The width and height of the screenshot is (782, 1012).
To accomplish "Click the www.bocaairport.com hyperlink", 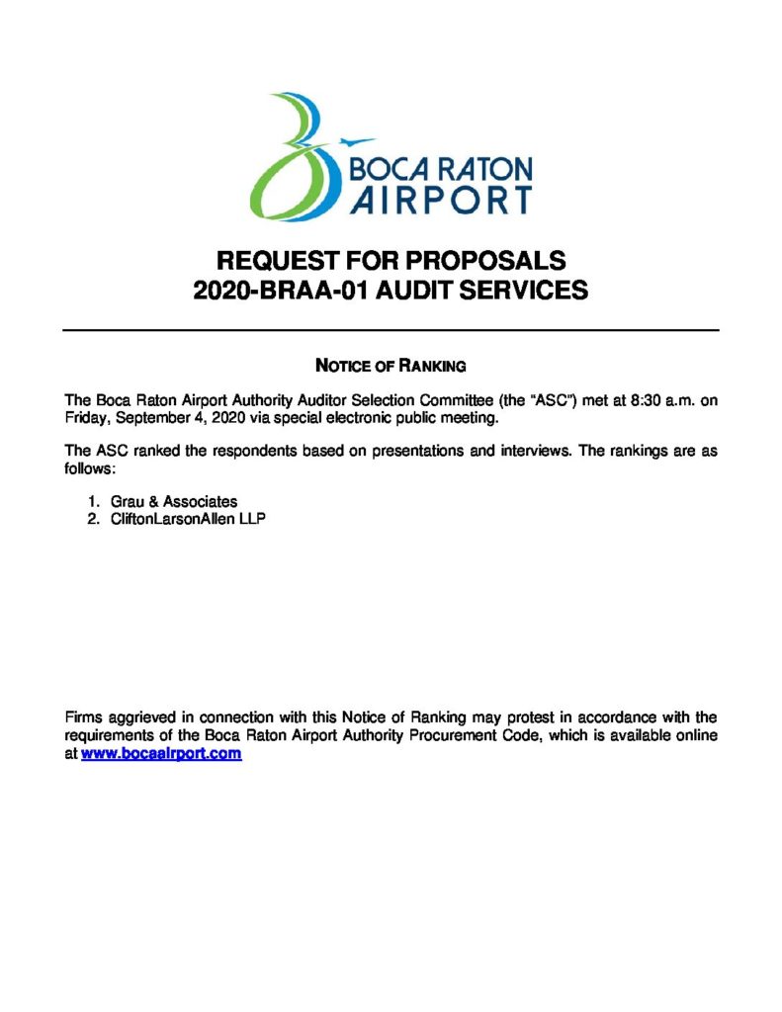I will pyautogui.click(x=161, y=753).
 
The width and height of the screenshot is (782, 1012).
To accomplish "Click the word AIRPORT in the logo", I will pyautogui.click(x=441, y=198).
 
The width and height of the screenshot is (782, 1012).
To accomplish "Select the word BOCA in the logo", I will pyautogui.click(x=390, y=167).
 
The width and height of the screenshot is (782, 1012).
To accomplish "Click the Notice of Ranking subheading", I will pyautogui.click(x=390, y=366).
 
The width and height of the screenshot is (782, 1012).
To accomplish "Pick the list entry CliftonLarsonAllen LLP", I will pyautogui.click(x=188, y=519).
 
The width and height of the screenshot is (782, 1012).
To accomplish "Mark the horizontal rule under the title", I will pyautogui.click(x=391, y=329).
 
